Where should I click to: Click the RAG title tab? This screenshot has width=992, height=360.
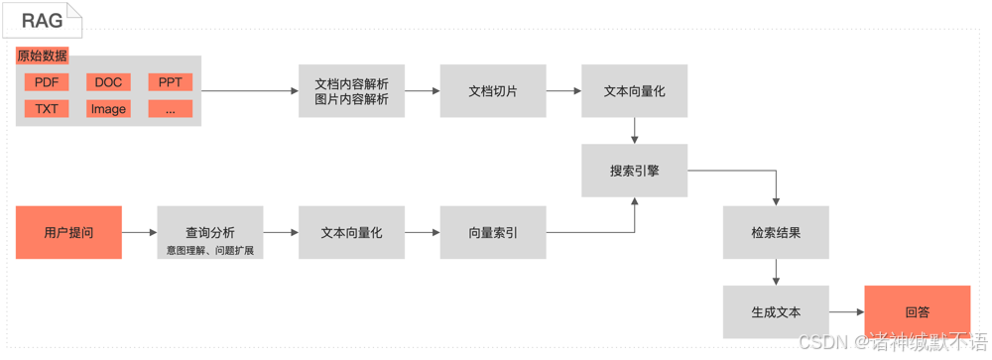pyautogui.click(x=42, y=20)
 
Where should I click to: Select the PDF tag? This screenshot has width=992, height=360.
pyautogui.click(x=47, y=82)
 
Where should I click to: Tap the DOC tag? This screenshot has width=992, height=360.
pyautogui.click(x=108, y=82)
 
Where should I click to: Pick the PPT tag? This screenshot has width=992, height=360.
pyautogui.click(x=170, y=82)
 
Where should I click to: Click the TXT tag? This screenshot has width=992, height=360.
pyautogui.click(x=47, y=109)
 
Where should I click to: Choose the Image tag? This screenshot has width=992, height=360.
pyautogui.click(x=108, y=109)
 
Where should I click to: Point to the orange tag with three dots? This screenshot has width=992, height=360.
pyautogui.click(x=170, y=109)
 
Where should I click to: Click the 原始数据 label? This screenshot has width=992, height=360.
pyautogui.click(x=43, y=57)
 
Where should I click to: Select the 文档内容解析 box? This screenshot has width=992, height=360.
pyautogui.click(x=351, y=91)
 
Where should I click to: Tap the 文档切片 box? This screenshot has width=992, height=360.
pyautogui.click(x=493, y=91)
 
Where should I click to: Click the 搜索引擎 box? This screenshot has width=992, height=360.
pyautogui.click(x=634, y=171)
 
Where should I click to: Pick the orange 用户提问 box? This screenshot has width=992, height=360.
pyautogui.click(x=68, y=233)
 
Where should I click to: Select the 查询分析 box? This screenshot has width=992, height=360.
pyautogui.click(x=210, y=233)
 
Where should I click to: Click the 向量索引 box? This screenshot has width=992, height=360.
pyautogui.click(x=493, y=233)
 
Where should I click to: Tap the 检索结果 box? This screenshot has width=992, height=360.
pyautogui.click(x=776, y=233)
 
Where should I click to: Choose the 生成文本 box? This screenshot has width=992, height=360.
pyautogui.click(x=776, y=312)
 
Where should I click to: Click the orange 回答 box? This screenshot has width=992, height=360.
pyautogui.click(x=917, y=312)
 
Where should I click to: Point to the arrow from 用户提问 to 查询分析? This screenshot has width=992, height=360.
pyautogui.click(x=139, y=233)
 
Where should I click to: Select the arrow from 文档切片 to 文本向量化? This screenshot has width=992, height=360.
pyautogui.click(x=563, y=91)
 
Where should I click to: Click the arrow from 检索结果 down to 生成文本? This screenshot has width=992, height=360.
pyautogui.click(x=776, y=273)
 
